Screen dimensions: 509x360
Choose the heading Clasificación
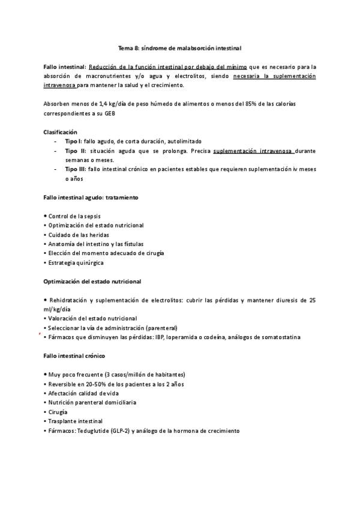tap(61, 131)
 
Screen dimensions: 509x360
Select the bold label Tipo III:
tap(76, 169)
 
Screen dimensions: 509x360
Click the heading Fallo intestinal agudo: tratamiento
tap(92, 197)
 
